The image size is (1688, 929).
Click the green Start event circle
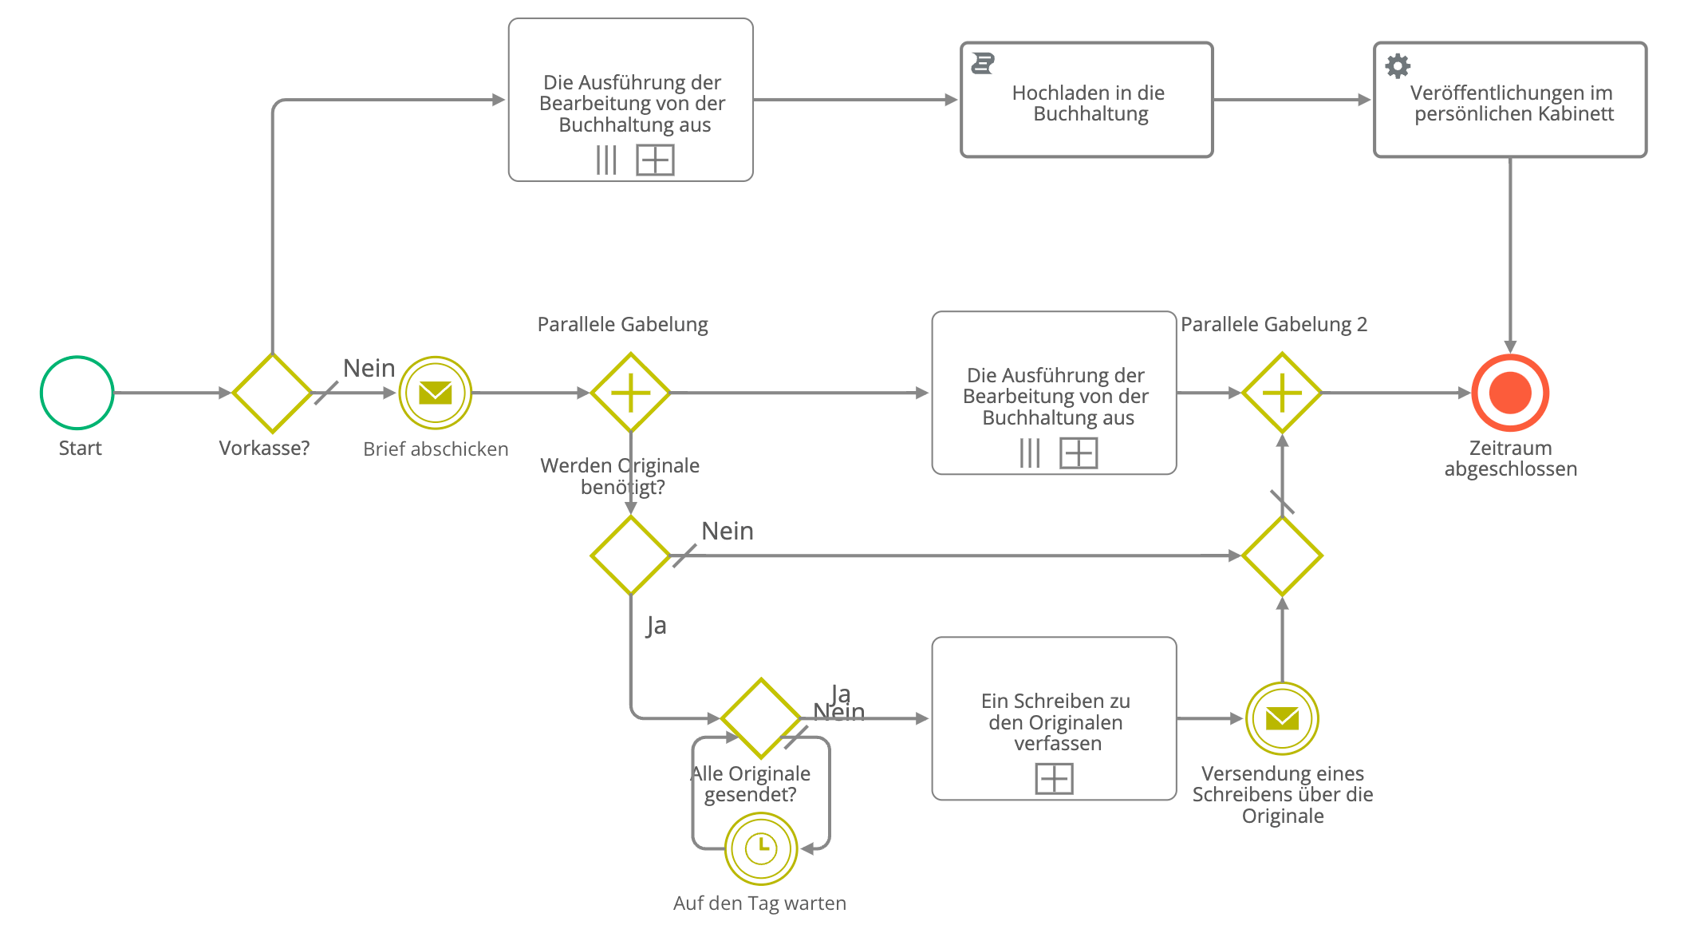pyautogui.click(x=77, y=393)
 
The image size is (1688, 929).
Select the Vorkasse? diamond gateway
pyautogui.click(x=272, y=393)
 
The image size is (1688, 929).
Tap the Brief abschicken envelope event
pyautogui.click(x=435, y=393)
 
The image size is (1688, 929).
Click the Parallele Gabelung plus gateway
pyautogui.click(x=630, y=393)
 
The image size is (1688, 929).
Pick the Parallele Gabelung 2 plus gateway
pyautogui.click(x=1282, y=393)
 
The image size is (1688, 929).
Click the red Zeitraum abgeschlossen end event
pyautogui.click(x=1510, y=393)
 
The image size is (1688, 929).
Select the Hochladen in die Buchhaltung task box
pyautogui.click(x=1087, y=101)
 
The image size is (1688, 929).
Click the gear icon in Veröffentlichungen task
pyautogui.click(x=1398, y=65)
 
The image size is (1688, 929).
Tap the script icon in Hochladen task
pyautogui.click(x=983, y=63)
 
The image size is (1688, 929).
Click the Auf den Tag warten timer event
pyautogui.click(x=761, y=848)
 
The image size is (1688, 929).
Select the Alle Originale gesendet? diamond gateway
pyautogui.click(x=761, y=718)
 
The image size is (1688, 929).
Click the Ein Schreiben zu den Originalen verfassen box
pyautogui.click(x=1054, y=718)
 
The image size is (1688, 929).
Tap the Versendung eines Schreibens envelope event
pyautogui.click(x=1282, y=718)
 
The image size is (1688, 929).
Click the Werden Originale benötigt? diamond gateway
pyautogui.click(x=630, y=555)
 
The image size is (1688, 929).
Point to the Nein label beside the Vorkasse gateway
pyautogui.click(x=369, y=368)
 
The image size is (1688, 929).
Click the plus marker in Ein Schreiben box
pyautogui.click(x=1054, y=778)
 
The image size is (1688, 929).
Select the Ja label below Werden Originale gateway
pyautogui.click(x=656, y=626)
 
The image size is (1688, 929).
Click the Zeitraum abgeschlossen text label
pyautogui.click(x=1510, y=458)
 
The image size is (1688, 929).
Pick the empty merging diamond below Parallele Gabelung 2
pyautogui.click(x=1282, y=555)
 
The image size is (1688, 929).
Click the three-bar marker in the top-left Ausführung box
pyautogui.click(x=606, y=160)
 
